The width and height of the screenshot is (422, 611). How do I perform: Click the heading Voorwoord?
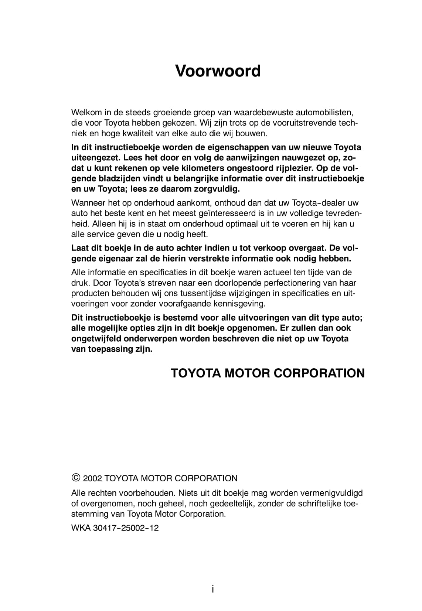(x=218, y=71)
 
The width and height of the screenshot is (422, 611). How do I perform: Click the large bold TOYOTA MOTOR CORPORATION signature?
(x=268, y=373)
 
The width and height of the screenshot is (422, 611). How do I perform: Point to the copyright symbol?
(x=75, y=478)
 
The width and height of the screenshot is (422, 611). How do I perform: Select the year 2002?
(x=92, y=478)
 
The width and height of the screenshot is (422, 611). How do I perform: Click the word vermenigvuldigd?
(x=331, y=493)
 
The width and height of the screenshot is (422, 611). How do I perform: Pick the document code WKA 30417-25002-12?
(x=115, y=528)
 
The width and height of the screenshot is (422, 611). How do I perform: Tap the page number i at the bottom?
(x=212, y=589)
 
